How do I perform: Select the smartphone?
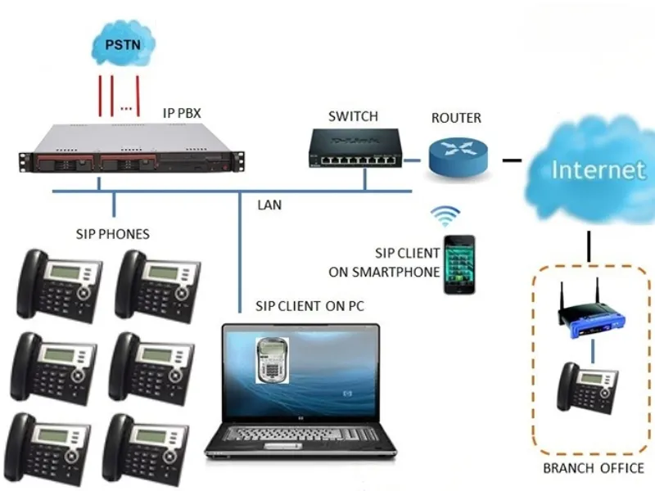(458, 264)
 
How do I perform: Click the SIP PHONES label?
(111, 235)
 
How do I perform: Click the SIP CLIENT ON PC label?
(309, 306)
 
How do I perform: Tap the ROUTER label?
(456, 118)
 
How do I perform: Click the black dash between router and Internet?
(512, 159)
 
